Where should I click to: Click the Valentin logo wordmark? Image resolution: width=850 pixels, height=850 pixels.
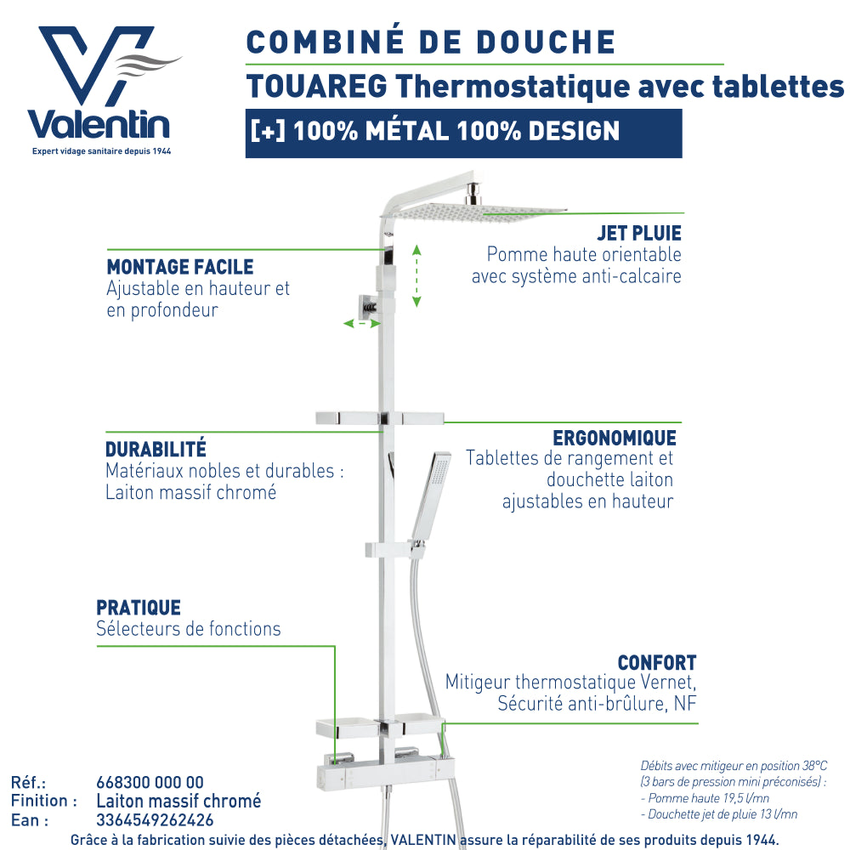tap(99, 125)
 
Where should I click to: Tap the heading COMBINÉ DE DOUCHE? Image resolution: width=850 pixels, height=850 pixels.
tap(431, 42)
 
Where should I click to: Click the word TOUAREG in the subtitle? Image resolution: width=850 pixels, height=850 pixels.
tap(317, 86)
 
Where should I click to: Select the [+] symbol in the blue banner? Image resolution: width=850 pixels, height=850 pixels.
tap(268, 131)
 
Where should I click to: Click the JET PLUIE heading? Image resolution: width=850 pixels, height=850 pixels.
tap(639, 233)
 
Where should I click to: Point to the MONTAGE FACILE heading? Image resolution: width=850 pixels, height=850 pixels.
tap(180, 267)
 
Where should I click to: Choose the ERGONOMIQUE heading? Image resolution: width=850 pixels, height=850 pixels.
tap(615, 438)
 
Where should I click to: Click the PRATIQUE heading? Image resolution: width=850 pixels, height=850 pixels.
tap(139, 608)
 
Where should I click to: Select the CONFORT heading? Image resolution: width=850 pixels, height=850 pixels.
tap(656, 662)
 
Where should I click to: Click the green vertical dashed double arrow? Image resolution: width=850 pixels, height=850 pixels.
tap(416, 276)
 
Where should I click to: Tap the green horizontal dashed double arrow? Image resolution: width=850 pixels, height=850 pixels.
tap(362, 324)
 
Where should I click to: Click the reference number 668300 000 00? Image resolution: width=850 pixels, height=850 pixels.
tap(150, 782)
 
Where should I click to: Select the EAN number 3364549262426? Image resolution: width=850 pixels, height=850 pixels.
tap(155, 820)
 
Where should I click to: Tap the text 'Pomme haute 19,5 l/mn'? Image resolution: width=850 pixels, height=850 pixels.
tap(708, 798)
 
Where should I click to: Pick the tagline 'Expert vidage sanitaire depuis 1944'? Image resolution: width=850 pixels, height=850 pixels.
tap(101, 151)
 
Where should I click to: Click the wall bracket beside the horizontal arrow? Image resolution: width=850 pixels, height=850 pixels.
tap(367, 308)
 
